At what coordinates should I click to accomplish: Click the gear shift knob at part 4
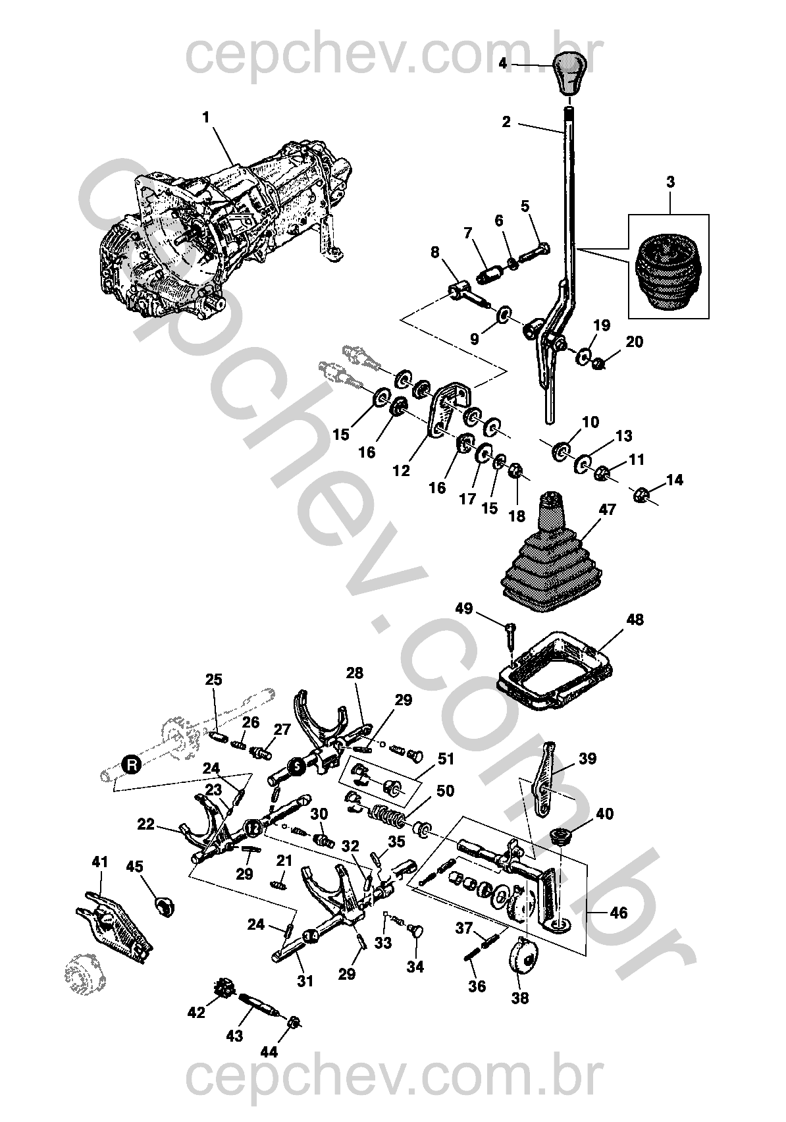click(x=569, y=73)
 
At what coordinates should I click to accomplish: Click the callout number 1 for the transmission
click(x=206, y=119)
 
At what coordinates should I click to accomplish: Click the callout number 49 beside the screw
click(x=465, y=608)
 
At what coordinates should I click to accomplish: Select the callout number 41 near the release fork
click(x=100, y=862)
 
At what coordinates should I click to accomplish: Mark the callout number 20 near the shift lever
click(x=635, y=342)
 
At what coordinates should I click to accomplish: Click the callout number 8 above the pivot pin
click(x=435, y=252)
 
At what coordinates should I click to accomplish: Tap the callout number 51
click(x=446, y=759)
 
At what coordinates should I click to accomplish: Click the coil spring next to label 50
click(x=388, y=817)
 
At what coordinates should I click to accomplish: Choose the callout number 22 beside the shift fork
click(x=145, y=824)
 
